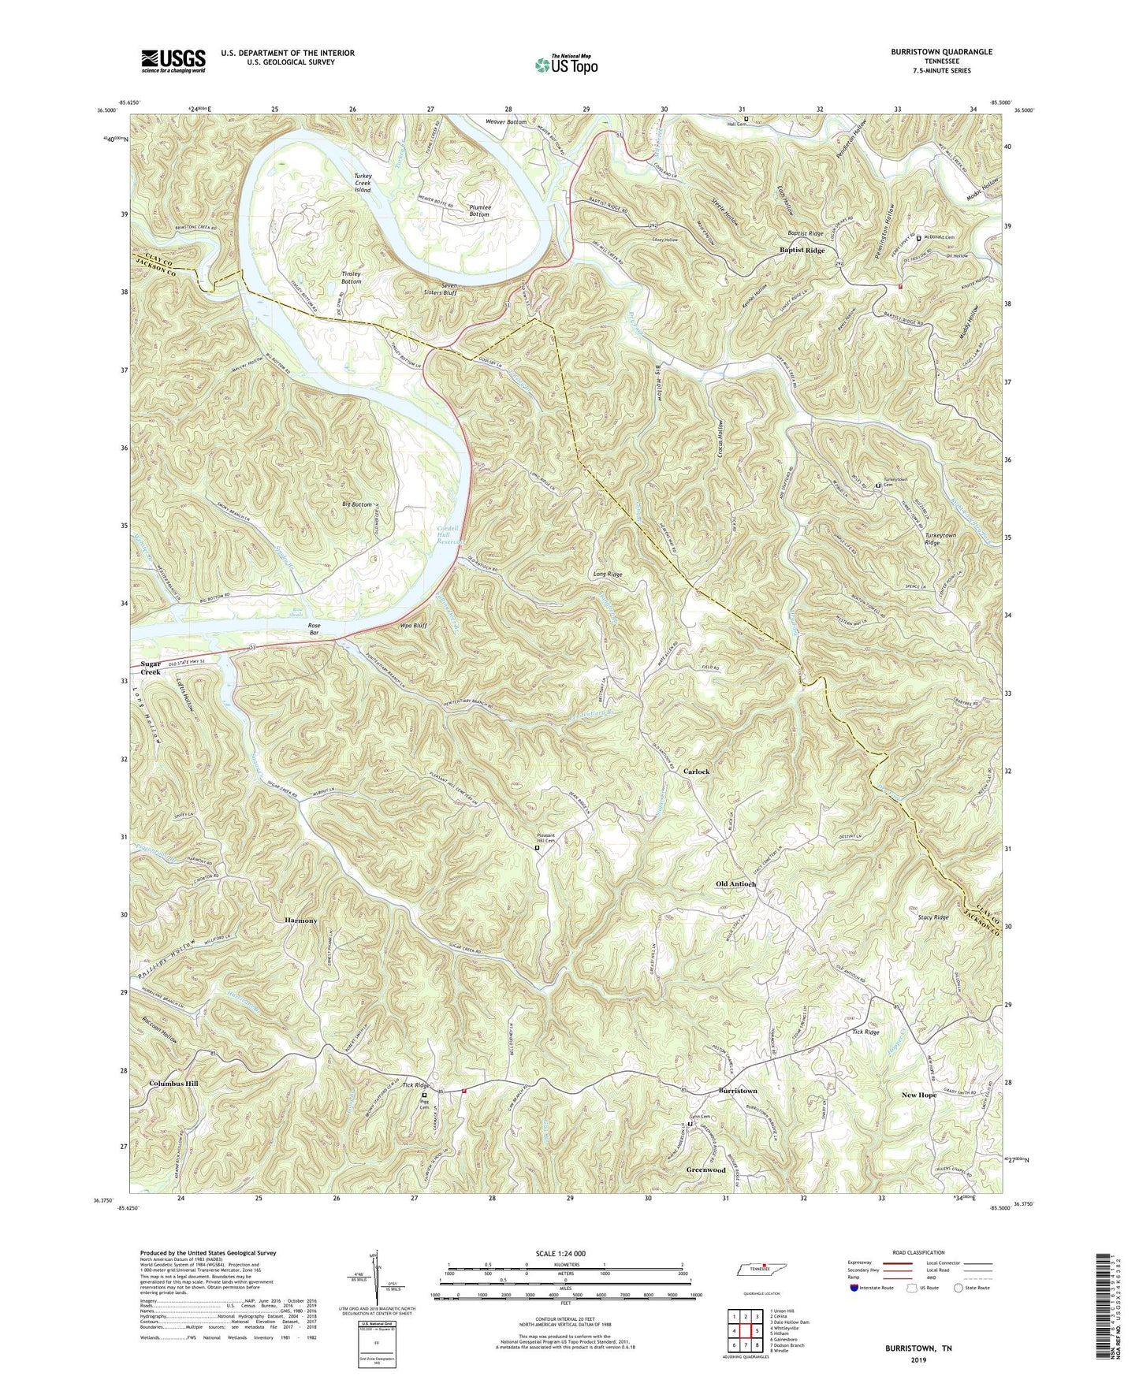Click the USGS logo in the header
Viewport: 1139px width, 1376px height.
click(173, 61)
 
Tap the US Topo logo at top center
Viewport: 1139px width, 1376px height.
click(565, 64)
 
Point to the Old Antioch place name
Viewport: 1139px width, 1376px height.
click(735, 884)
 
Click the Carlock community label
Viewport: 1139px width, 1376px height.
click(696, 772)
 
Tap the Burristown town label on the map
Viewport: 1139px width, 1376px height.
click(737, 1091)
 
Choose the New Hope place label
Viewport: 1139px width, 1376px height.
click(919, 1095)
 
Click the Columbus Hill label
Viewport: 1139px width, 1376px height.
click(173, 1084)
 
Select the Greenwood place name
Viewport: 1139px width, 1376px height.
click(705, 1170)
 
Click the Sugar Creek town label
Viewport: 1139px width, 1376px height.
click(151, 668)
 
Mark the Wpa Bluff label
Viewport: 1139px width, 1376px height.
click(414, 625)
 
